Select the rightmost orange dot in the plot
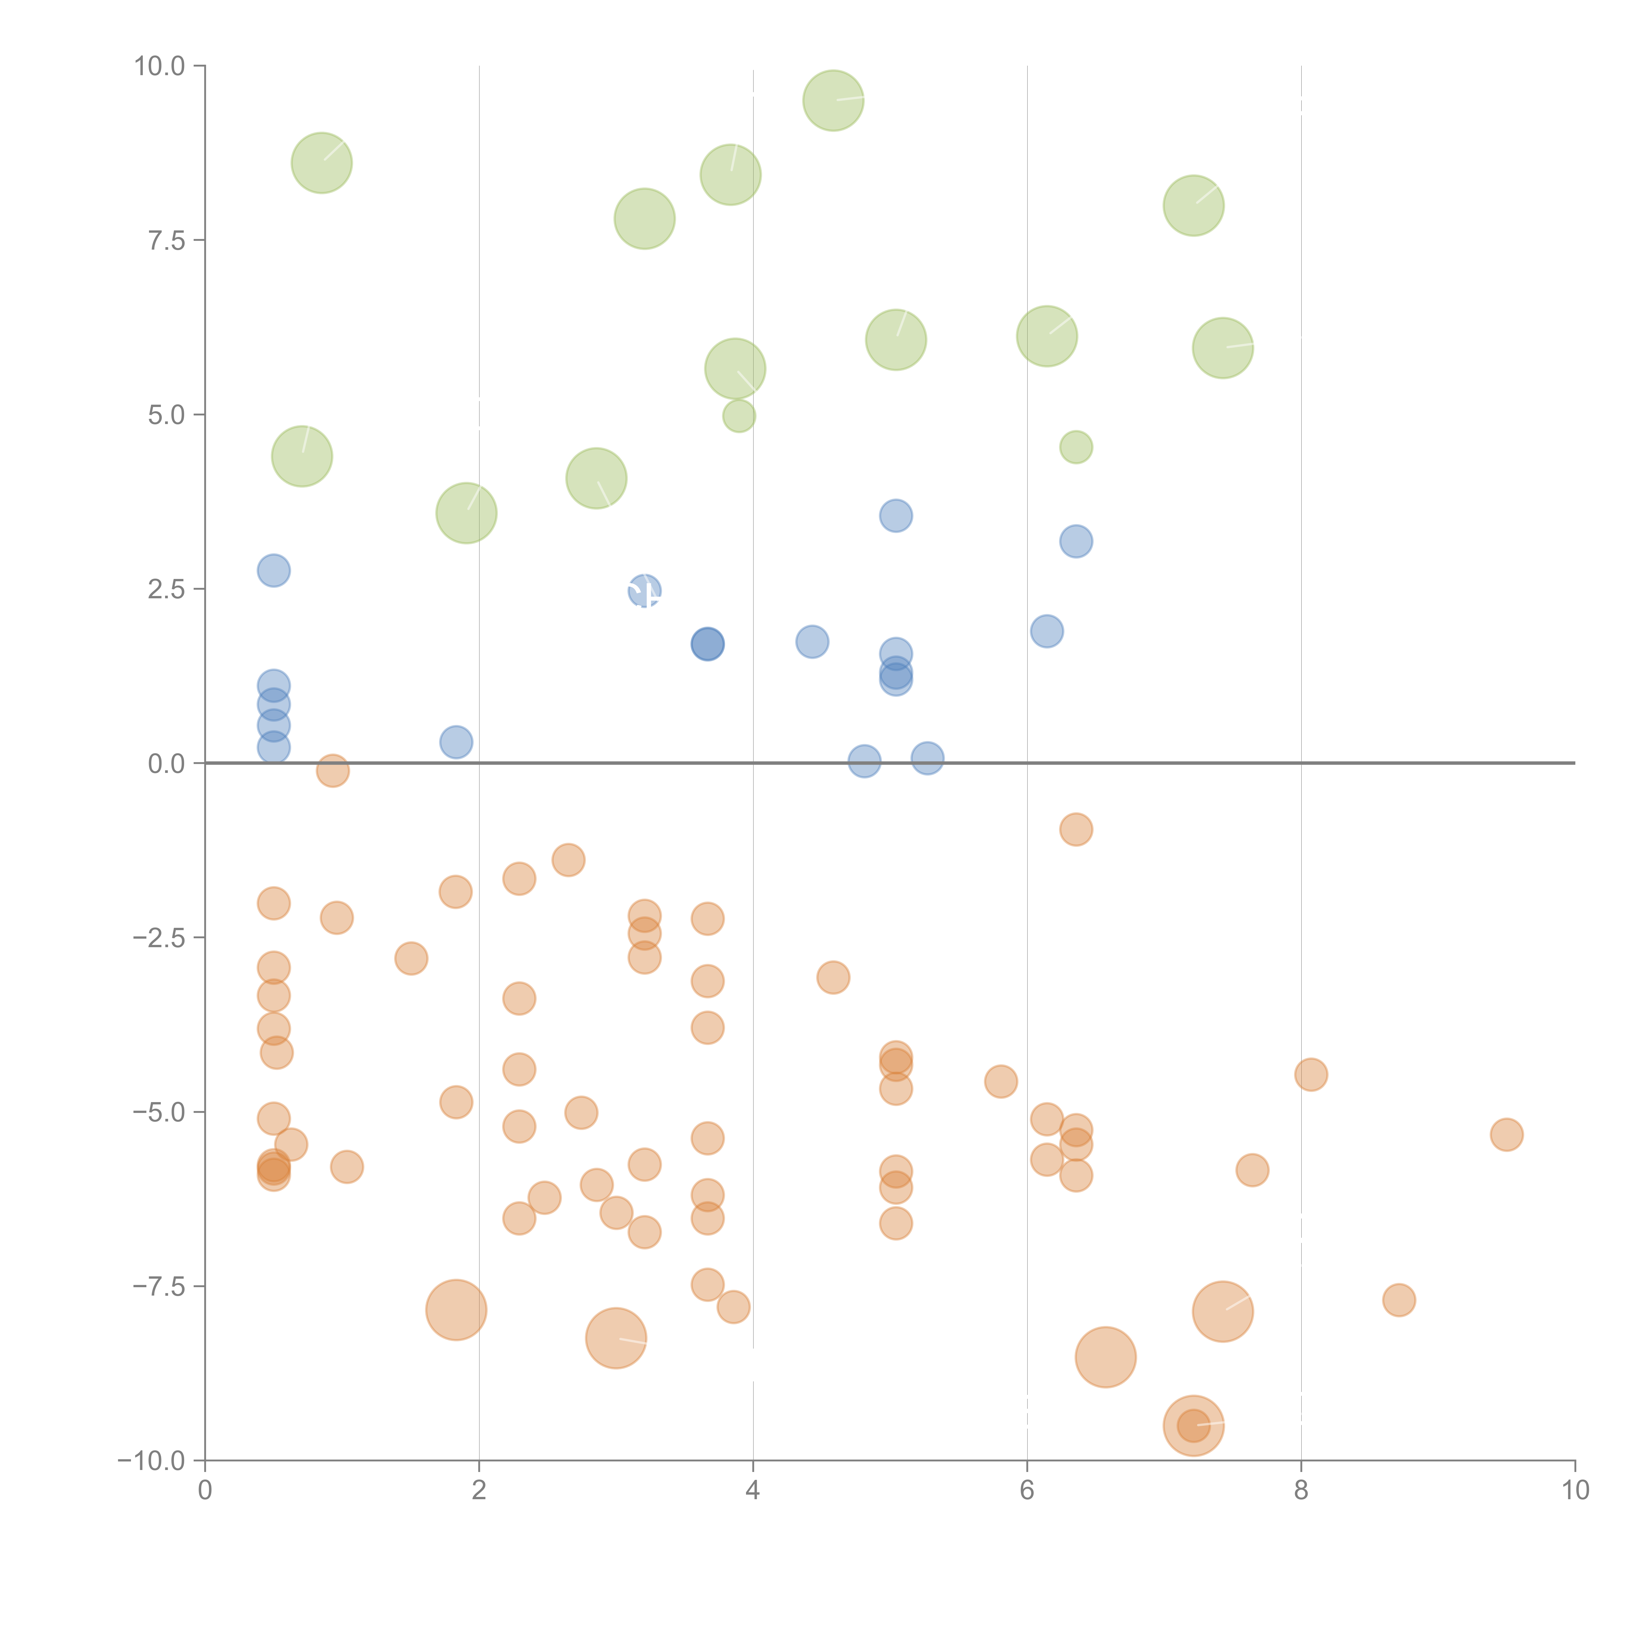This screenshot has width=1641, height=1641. [1506, 1134]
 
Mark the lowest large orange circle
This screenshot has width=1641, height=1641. [1193, 1425]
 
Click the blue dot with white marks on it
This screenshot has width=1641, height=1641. [645, 590]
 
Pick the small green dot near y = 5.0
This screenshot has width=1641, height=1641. [739, 416]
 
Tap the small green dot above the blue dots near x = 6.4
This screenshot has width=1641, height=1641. [1076, 447]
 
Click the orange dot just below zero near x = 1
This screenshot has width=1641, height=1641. [333, 770]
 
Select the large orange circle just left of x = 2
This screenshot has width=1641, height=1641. [456, 1309]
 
